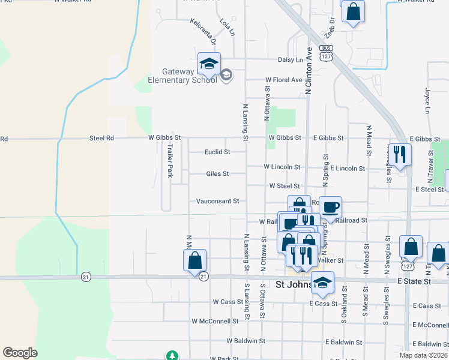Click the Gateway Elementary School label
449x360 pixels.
click(x=182, y=76)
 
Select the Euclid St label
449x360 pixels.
click(x=217, y=152)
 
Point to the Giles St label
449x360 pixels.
click(x=217, y=174)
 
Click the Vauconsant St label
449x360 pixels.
click(x=218, y=201)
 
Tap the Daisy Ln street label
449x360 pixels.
click(x=291, y=60)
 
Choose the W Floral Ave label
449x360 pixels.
click(x=284, y=80)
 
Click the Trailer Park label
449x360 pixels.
click(x=170, y=160)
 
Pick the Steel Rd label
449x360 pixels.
click(x=101, y=138)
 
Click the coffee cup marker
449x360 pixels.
click(x=330, y=208)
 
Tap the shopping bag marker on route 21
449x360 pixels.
click(x=194, y=261)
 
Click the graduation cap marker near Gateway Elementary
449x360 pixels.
click(x=209, y=64)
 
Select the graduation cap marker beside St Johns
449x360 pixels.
click(x=323, y=284)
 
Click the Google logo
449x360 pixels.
click(x=20, y=353)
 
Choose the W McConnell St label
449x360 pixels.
click(x=215, y=321)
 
